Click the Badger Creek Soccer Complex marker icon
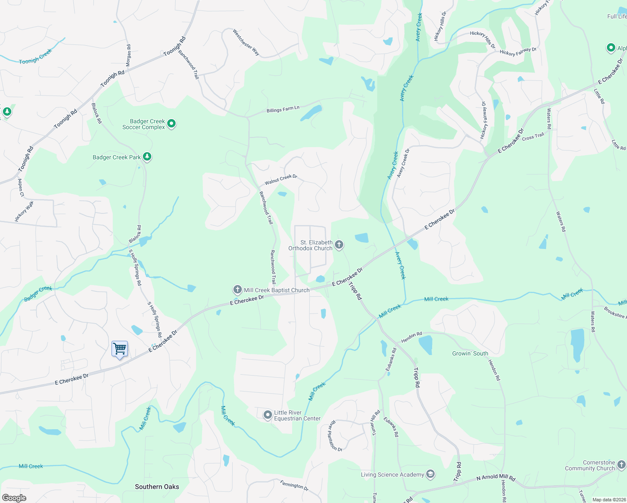171,124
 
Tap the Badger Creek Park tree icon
147,157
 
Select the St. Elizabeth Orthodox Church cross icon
339,244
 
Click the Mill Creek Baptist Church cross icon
237,290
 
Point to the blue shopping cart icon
120,349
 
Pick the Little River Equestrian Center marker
268,415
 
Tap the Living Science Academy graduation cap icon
430,474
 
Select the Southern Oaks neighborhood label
157,487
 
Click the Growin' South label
470,353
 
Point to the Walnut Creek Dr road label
281,179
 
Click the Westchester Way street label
246,42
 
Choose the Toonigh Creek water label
35,57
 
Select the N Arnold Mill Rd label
496,477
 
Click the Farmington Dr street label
294,485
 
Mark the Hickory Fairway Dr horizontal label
518,52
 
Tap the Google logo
14,498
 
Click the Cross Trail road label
533,136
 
